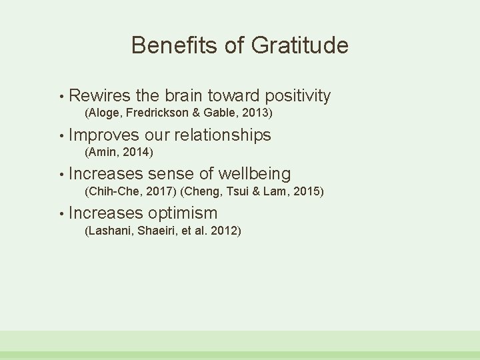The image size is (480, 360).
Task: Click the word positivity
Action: (x=297, y=96)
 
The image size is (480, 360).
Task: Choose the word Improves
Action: (x=103, y=135)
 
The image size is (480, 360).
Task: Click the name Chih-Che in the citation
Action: (x=112, y=192)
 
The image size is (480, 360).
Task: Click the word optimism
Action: (x=183, y=214)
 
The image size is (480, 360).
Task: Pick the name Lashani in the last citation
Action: (x=109, y=231)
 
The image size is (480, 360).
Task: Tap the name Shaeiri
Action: (x=155, y=231)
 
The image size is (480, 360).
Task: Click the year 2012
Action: (x=225, y=231)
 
